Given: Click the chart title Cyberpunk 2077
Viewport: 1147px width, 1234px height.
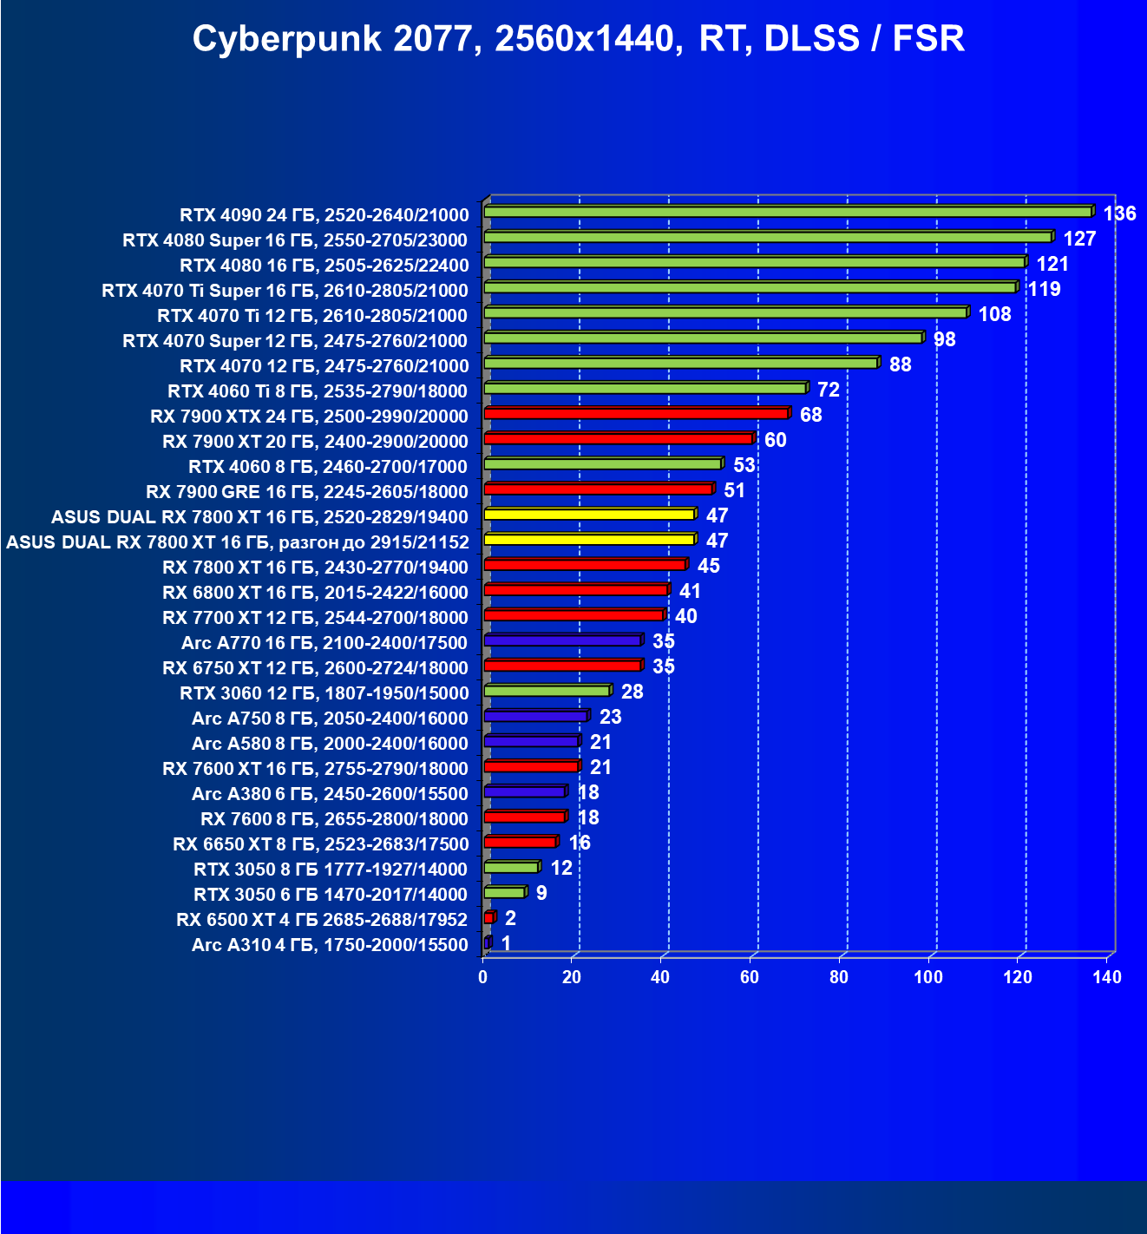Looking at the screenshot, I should tap(578, 39).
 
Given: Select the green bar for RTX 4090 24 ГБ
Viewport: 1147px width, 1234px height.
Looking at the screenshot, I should tap(787, 213).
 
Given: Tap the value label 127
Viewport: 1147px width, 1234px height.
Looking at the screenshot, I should tap(1079, 239).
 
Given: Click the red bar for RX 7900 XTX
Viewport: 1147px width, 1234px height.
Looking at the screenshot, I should tap(636, 414).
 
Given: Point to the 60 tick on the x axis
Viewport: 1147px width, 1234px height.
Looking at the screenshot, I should tap(749, 977).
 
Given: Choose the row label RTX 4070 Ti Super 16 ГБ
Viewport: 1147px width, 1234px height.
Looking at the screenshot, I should tap(285, 290).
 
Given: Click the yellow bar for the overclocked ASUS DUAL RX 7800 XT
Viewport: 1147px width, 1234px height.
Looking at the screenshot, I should tap(589, 540).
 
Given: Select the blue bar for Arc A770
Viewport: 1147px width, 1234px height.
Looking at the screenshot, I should tap(562, 640).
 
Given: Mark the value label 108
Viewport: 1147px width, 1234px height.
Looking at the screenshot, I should tap(994, 314).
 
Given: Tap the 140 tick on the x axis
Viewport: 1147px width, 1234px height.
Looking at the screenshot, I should tap(1107, 977).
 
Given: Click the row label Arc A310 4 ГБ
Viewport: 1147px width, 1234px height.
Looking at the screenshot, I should tap(330, 944).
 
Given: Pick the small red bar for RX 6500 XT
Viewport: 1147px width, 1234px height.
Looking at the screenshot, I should tap(489, 918).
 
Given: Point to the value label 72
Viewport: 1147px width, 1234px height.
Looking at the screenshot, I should tap(828, 390).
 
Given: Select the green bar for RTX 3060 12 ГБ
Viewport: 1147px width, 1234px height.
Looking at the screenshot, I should tap(547, 691).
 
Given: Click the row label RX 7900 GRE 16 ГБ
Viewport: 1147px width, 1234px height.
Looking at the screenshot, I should tap(306, 491).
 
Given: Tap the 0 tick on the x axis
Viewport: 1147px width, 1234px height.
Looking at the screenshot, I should tap(483, 977).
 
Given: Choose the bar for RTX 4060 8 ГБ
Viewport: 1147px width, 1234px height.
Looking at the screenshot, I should tap(602, 464).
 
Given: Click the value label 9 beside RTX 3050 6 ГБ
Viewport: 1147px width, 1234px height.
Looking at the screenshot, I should tap(541, 893).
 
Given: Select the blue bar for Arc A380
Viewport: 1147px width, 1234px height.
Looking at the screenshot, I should tap(524, 791).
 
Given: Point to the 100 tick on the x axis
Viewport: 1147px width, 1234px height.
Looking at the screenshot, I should tap(927, 977).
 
